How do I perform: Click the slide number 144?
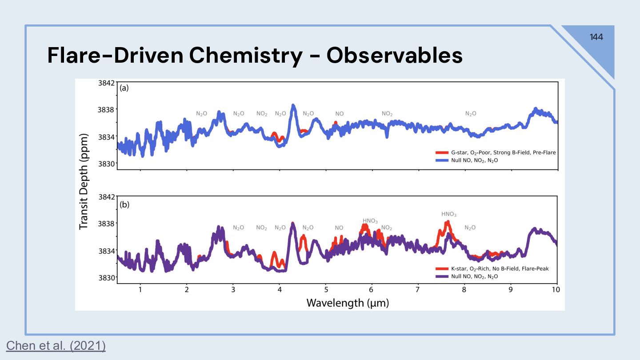click(596, 37)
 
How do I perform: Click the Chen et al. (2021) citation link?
click(56, 345)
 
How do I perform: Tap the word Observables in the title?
click(394, 56)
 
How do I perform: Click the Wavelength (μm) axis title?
click(348, 303)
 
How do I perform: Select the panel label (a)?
click(124, 88)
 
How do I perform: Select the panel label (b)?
click(124, 205)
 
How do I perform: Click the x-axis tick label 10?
click(556, 289)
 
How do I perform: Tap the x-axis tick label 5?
click(326, 289)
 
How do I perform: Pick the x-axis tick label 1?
click(140, 289)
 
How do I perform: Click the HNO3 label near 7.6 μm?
click(449, 214)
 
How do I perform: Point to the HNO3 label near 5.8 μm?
click(370, 221)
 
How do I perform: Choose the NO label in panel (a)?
click(340, 114)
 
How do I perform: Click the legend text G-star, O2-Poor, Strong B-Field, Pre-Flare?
click(503, 152)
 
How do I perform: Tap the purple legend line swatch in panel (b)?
click(441, 276)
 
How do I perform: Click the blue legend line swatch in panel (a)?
click(441, 160)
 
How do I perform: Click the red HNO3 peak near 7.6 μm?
click(448, 222)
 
